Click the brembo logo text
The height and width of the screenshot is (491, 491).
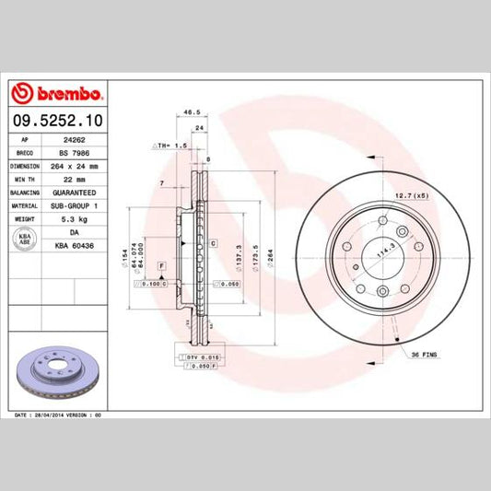(63, 93)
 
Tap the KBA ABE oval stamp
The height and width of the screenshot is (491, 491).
(26, 240)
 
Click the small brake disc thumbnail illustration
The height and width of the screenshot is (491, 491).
(55, 374)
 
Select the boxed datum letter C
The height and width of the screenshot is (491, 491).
(213, 243)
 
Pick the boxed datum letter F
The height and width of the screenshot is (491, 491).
(161, 266)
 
